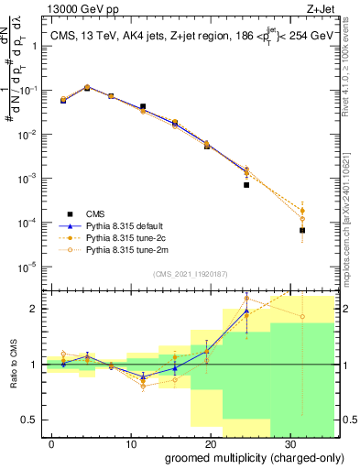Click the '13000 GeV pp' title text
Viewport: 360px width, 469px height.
[80, 9]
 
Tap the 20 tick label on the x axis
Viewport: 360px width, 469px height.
[209, 442]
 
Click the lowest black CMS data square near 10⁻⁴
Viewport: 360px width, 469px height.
[302, 230]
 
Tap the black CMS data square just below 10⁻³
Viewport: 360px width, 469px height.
[246, 185]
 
